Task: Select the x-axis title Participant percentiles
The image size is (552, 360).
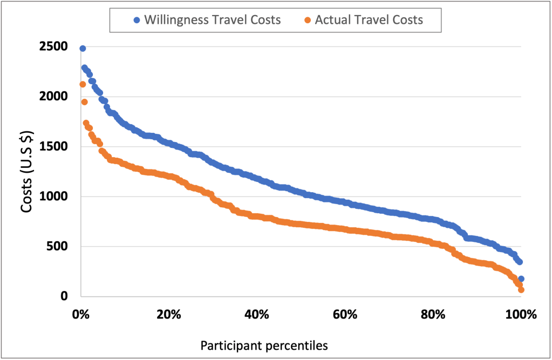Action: [264, 345]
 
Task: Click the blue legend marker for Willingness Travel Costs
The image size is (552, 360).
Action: [137, 21]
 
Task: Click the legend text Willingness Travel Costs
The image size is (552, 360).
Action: [212, 21]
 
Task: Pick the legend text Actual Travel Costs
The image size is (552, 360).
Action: [369, 21]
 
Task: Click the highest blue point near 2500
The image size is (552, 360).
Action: [83, 49]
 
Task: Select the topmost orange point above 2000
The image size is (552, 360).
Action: [83, 84]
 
